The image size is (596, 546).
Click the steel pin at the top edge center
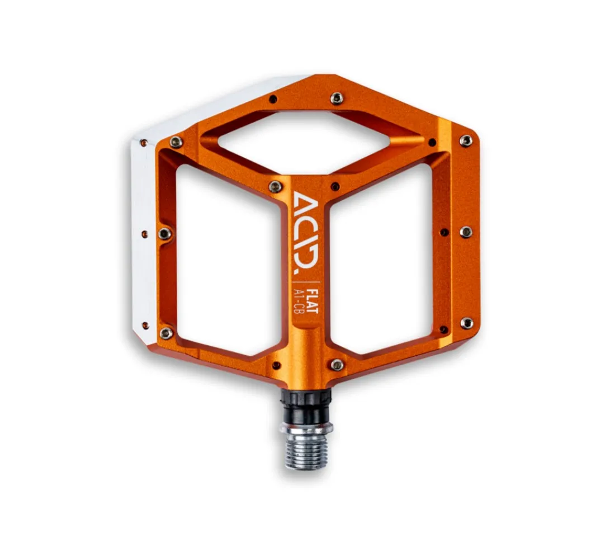(337, 98)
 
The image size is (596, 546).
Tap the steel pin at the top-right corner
(466, 140)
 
